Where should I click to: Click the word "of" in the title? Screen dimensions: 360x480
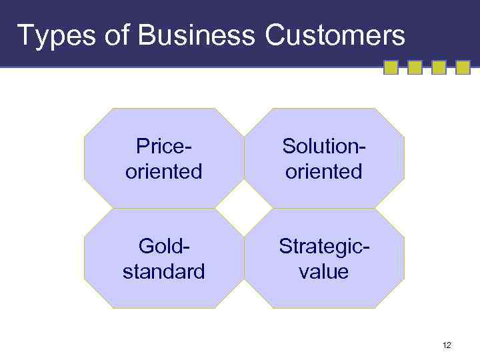click(x=110, y=34)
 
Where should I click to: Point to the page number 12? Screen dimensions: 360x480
click(x=447, y=345)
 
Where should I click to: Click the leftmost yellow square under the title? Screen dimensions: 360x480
click(x=391, y=67)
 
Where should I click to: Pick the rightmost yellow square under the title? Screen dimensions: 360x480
click(x=463, y=67)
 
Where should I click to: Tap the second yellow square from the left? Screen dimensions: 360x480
click(x=415, y=67)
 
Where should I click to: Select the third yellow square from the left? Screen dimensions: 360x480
click(x=439, y=67)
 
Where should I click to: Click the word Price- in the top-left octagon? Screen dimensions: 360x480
click(x=164, y=146)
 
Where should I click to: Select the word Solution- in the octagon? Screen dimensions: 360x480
click(x=323, y=146)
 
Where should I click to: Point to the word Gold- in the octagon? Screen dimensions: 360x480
click(x=164, y=246)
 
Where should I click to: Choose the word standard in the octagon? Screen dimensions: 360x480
click(x=164, y=271)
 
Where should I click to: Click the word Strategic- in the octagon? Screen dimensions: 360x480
click(x=325, y=246)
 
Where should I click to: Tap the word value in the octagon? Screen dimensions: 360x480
click(x=325, y=271)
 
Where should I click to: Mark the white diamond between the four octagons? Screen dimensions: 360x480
click(x=244, y=208)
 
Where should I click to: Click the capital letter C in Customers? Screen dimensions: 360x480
click(x=275, y=34)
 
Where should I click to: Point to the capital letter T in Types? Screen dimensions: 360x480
click(x=25, y=34)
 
